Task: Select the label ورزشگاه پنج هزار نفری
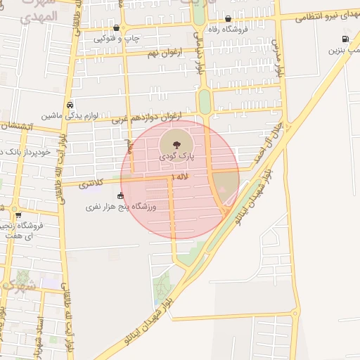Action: coord(120,207)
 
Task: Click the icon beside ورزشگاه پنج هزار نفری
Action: coord(120,195)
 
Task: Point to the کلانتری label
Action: coord(91,184)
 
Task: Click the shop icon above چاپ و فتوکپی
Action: coord(117,28)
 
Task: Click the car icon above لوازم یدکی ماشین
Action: coord(70,104)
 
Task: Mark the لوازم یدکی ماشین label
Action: coord(69,115)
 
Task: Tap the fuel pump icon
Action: coord(345,40)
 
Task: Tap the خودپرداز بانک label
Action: coord(25,152)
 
